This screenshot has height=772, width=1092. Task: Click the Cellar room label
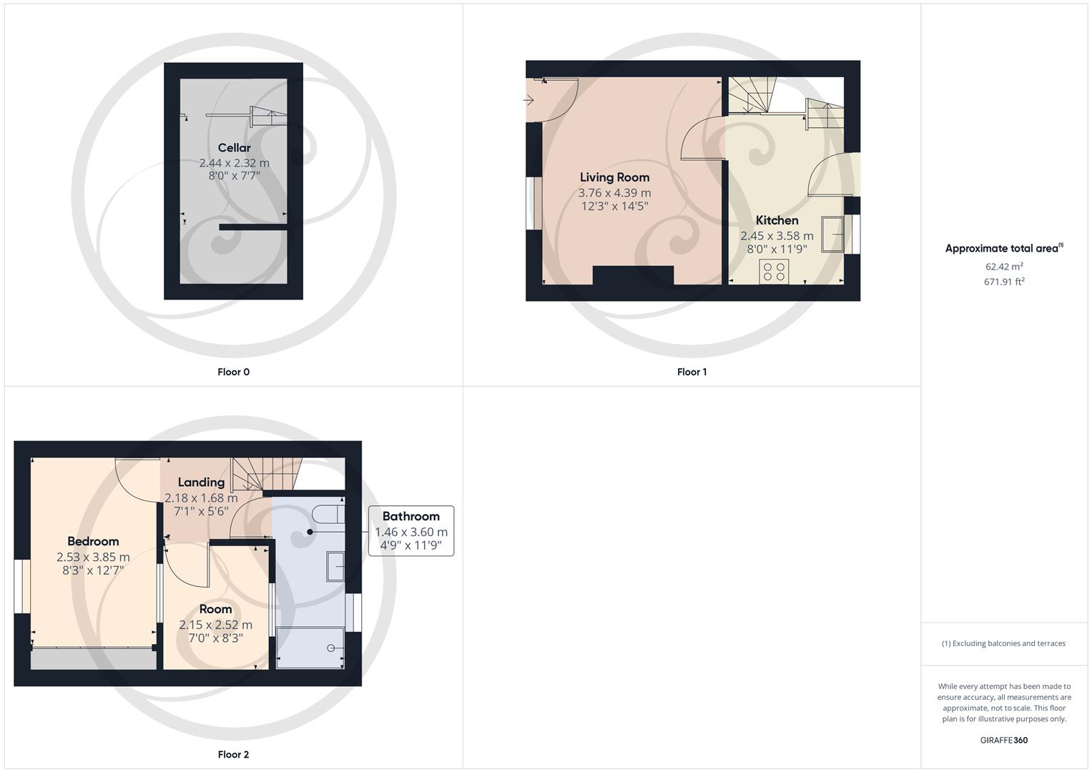[234, 148]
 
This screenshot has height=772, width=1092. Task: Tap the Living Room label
[614, 177]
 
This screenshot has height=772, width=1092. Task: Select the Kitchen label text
[777, 220]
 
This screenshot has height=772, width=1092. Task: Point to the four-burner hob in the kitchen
[774, 272]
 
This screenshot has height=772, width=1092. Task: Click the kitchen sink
[832, 234]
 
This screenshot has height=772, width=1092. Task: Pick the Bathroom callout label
[411, 516]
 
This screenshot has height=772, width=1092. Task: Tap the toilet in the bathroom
[328, 515]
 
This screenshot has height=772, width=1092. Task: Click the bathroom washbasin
[335, 566]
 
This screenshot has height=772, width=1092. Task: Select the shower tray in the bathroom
[310, 648]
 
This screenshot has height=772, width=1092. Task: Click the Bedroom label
[93, 542]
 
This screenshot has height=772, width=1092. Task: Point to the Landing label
[201, 482]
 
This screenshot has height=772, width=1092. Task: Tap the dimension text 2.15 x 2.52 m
[215, 625]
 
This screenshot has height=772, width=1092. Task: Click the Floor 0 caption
[233, 372]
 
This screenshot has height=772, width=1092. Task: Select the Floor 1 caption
[692, 372]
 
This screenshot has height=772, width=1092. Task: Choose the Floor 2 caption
[233, 754]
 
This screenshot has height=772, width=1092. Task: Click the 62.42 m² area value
[1004, 267]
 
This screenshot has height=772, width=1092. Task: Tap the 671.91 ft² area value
[1004, 282]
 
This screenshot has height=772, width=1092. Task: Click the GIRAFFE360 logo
[1004, 741]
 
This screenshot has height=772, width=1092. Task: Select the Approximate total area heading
[1004, 248]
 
